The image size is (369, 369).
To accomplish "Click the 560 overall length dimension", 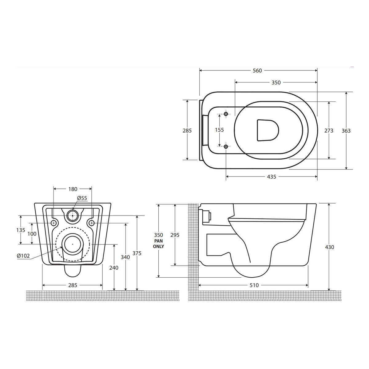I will (257, 71).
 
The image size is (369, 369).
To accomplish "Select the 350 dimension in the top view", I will (276, 82).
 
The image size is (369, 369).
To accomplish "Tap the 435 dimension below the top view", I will (272, 177).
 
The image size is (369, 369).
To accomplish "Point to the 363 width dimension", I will (346, 131).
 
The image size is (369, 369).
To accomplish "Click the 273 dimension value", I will (329, 131).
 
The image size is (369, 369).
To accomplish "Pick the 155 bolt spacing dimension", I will (219, 130).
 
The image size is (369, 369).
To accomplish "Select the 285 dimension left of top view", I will (187, 131).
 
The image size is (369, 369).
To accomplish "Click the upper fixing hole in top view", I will (226, 114).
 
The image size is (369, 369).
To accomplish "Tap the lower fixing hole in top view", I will (226, 147).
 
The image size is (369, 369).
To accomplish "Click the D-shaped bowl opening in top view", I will (267, 130).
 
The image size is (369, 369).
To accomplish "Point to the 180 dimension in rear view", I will (73, 189).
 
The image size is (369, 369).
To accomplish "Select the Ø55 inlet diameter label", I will (82, 198).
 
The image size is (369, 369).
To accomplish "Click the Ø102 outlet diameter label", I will (23, 256).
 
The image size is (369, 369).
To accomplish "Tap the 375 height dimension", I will (137, 253).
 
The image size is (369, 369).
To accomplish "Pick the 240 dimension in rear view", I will (114, 268).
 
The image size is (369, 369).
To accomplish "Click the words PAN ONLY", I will (159, 244).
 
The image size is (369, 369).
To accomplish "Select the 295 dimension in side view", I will (175, 235).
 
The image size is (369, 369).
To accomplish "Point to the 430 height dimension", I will (329, 247).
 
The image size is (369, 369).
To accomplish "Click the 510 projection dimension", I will (254, 285).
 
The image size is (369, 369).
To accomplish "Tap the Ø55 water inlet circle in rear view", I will (73, 216).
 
